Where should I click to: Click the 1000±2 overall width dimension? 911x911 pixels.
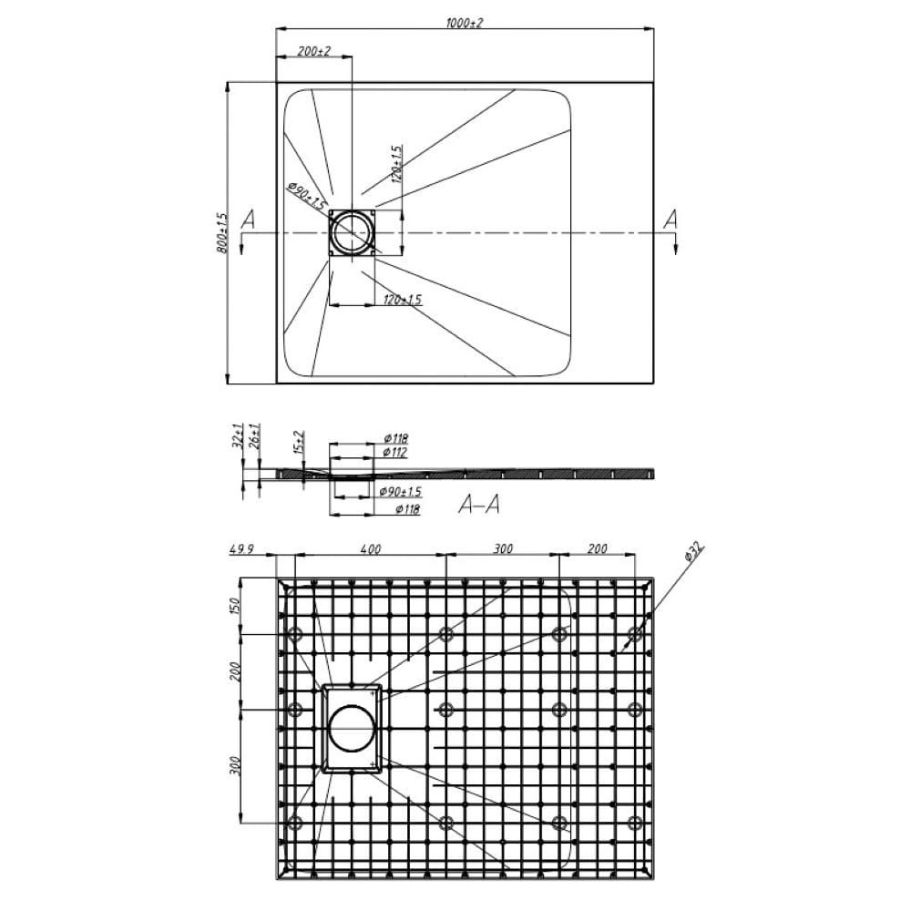pyautogui.click(x=465, y=22)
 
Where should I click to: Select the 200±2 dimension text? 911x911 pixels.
pyautogui.click(x=314, y=52)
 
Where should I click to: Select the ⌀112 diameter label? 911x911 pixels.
pyautogui.click(x=394, y=452)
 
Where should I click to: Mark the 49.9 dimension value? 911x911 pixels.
pyautogui.click(x=239, y=549)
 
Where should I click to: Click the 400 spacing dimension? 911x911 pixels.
pyautogui.click(x=370, y=549)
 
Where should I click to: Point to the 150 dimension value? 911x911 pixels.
pyautogui.click(x=236, y=607)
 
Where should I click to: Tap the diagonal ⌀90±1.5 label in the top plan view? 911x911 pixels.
pyautogui.click(x=306, y=197)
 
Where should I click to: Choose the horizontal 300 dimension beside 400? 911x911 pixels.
pyautogui.click(x=503, y=549)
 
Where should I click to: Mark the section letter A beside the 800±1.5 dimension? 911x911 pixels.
pyautogui.click(x=246, y=220)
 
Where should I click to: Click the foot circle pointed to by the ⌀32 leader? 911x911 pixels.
pyautogui.click(x=635, y=633)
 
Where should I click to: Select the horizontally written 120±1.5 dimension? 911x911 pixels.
pyautogui.click(x=402, y=299)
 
